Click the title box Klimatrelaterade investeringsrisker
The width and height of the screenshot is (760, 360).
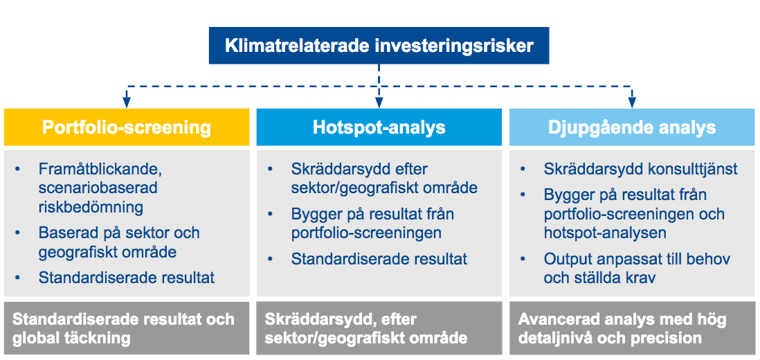[x=379, y=46]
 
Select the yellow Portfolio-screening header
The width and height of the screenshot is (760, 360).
[x=127, y=127]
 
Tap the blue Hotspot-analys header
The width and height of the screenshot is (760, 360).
[x=379, y=127]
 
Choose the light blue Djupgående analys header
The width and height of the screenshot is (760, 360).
[x=632, y=127]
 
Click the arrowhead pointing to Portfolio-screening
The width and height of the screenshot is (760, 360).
[x=127, y=102]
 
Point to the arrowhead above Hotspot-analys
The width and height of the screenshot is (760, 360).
[x=379, y=102]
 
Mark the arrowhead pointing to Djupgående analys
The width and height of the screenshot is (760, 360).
[x=631, y=102]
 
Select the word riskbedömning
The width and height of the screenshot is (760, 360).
[x=91, y=208]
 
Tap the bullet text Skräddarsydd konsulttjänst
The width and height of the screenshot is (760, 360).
[x=641, y=169]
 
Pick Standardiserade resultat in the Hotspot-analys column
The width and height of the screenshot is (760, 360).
[x=379, y=259]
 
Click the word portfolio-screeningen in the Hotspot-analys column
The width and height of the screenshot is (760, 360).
[x=366, y=233]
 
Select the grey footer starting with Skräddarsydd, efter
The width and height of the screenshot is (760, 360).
[x=379, y=329]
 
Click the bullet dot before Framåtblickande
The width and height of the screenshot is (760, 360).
[x=19, y=170]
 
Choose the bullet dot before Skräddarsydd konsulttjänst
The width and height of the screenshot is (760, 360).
[x=523, y=170]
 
